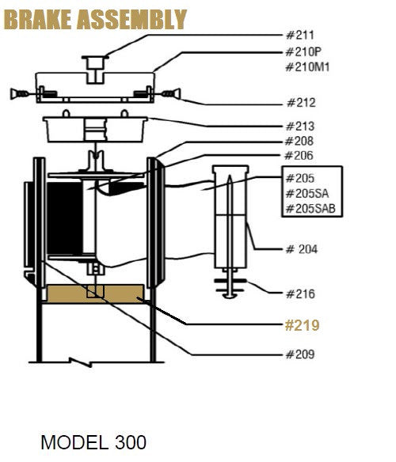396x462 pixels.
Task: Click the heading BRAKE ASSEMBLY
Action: pos(96,19)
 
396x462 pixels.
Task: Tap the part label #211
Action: pos(299,36)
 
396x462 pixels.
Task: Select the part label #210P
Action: pos(303,51)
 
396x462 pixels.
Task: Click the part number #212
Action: pos(300,103)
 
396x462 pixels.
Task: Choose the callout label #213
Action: pos(300,127)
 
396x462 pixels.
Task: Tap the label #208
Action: pos(299,142)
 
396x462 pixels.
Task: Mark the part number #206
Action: pos(299,156)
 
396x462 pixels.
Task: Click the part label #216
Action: pos(300,294)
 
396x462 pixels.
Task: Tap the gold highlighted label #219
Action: pos(303,325)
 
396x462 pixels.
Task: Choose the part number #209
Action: pos(299,354)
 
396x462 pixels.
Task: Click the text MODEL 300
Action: pos(93,441)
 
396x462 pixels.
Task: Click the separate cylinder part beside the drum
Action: pos(230,218)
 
